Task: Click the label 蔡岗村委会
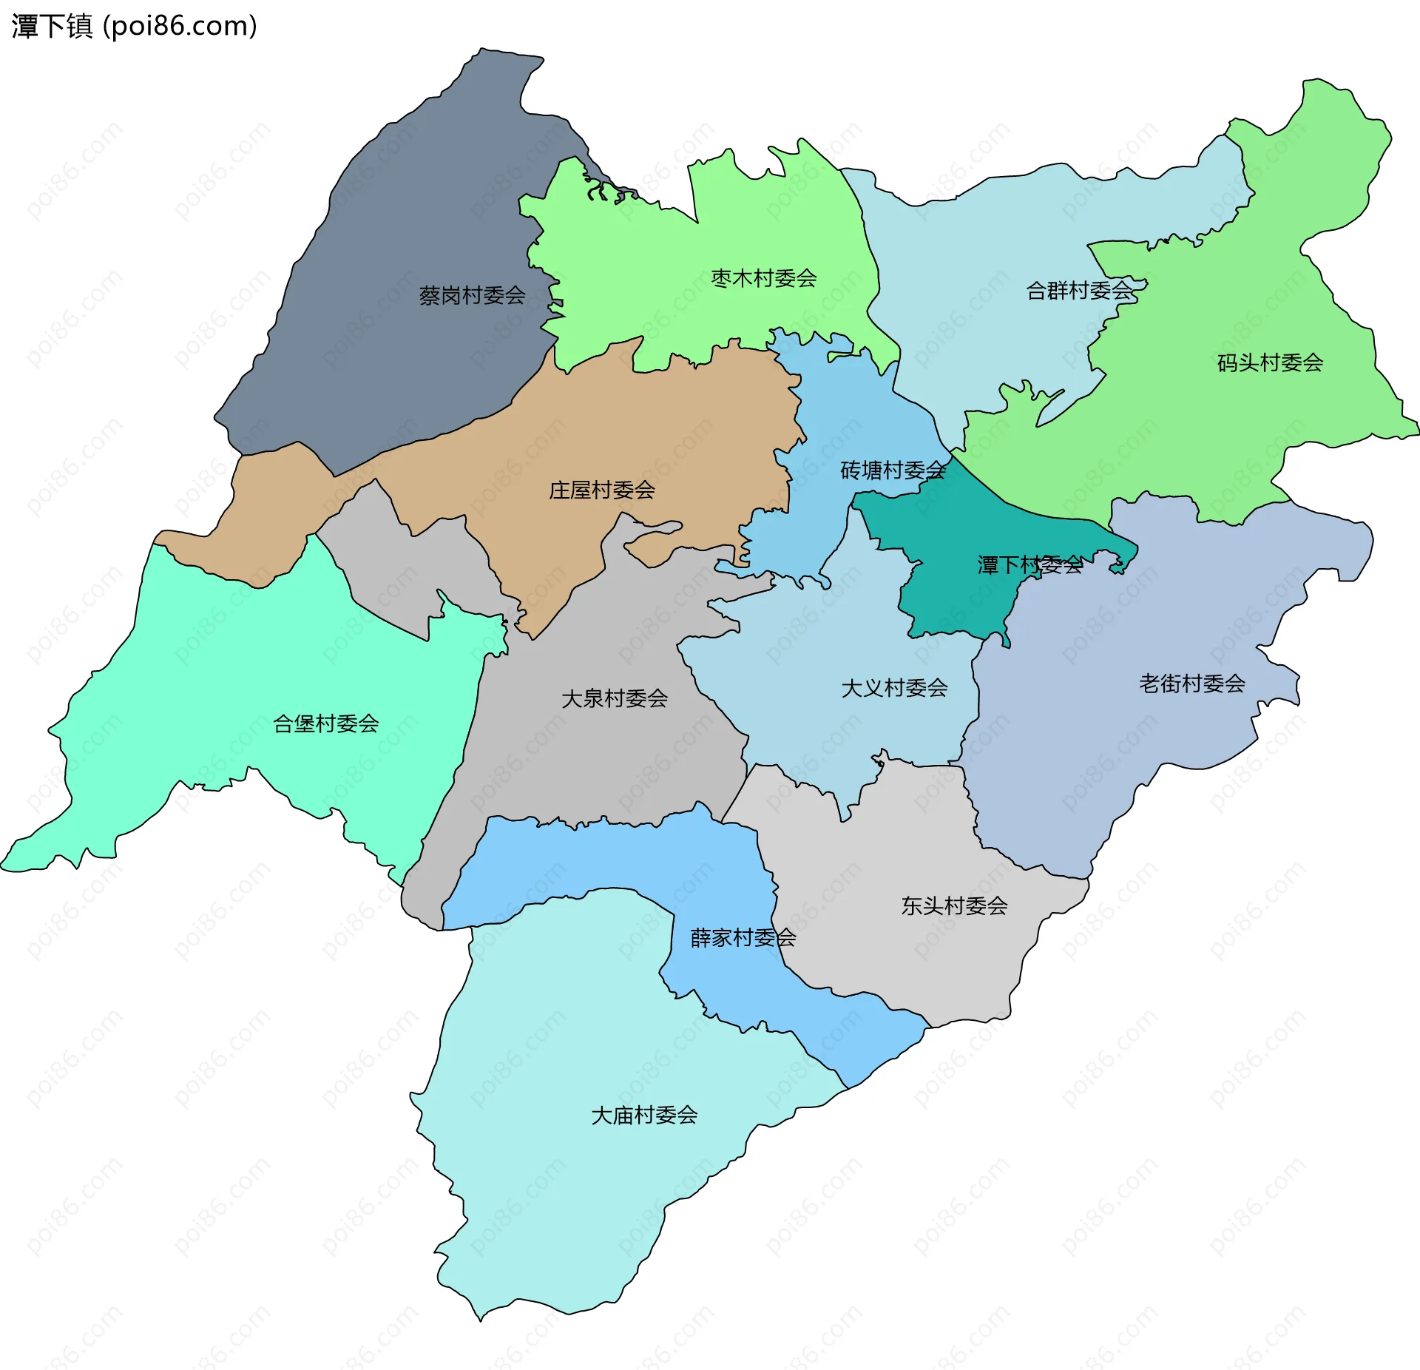tap(472, 296)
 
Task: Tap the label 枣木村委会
tap(763, 278)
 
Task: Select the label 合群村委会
tap(1079, 291)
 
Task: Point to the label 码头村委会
tap(1270, 362)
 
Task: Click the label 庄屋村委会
tap(601, 490)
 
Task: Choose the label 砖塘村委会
tap(893, 470)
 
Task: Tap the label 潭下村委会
tap(1029, 565)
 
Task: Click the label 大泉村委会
tap(614, 698)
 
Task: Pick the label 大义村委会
tap(894, 688)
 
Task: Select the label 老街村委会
tap(1191, 684)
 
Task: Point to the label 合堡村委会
tap(325, 723)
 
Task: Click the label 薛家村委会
tap(743, 938)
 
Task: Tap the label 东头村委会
tap(954, 905)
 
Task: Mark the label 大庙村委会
tap(643, 1116)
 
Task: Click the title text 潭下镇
tap(52, 27)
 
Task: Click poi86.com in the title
tap(180, 27)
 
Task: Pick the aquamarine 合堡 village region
tap(222, 666)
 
